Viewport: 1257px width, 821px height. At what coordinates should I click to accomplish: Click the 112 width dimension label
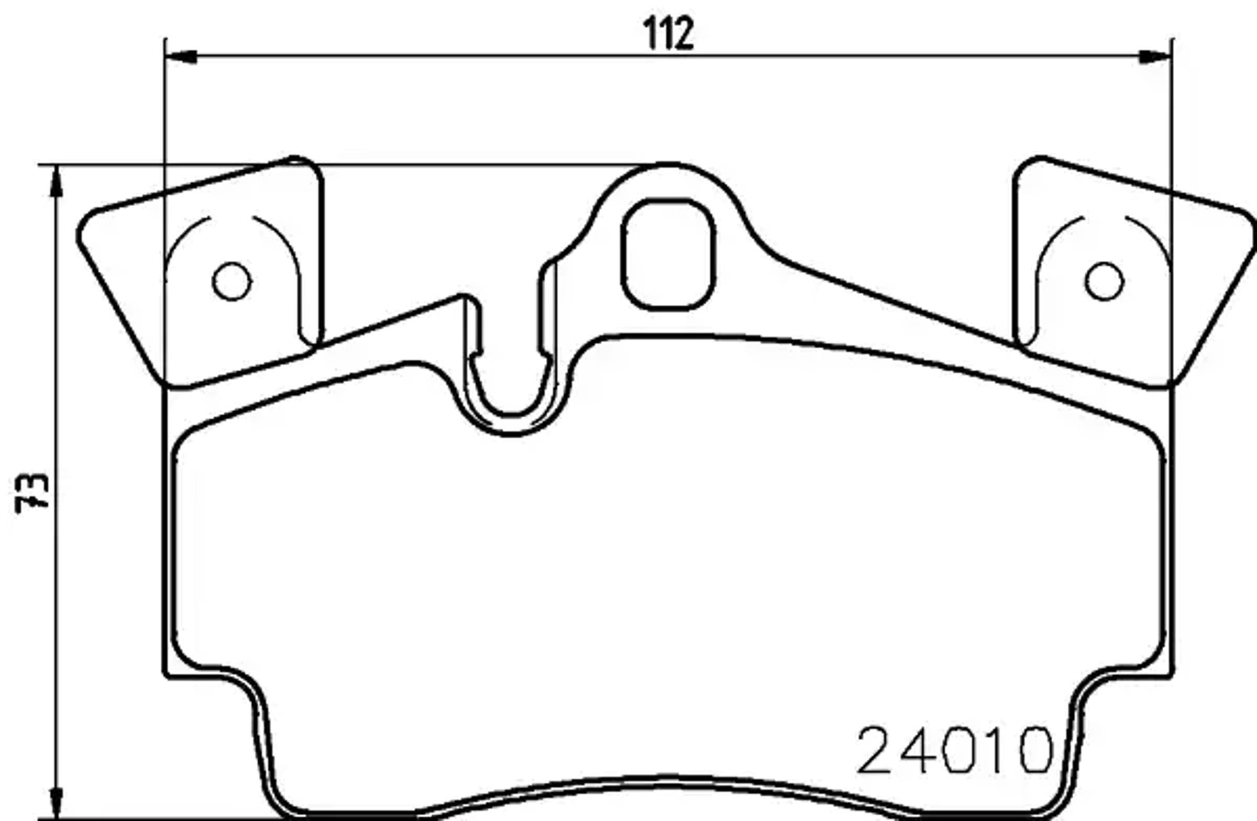[x=668, y=34]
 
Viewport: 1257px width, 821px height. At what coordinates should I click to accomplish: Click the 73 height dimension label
[x=32, y=493]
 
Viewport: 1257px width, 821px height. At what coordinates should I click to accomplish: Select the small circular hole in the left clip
[x=232, y=281]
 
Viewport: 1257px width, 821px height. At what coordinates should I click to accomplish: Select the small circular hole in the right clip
[x=1105, y=281]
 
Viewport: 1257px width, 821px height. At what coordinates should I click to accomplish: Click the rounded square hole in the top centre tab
[x=668, y=254]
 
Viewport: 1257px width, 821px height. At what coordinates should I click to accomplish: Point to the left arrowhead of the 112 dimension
[x=181, y=57]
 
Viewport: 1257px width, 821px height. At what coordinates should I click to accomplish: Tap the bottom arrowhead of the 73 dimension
[x=56, y=803]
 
